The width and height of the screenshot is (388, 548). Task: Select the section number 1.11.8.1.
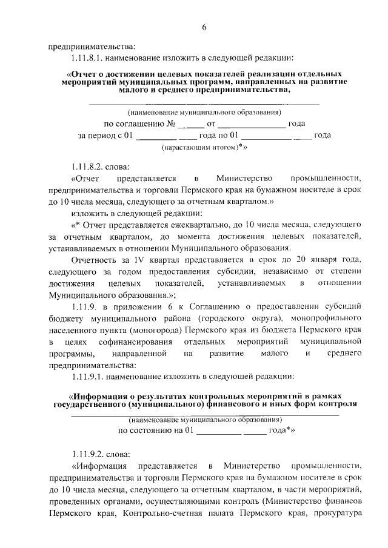pos(89,59)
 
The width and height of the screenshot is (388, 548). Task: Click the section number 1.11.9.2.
pos(89,452)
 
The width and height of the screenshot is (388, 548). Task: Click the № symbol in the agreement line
pos(171,124)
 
